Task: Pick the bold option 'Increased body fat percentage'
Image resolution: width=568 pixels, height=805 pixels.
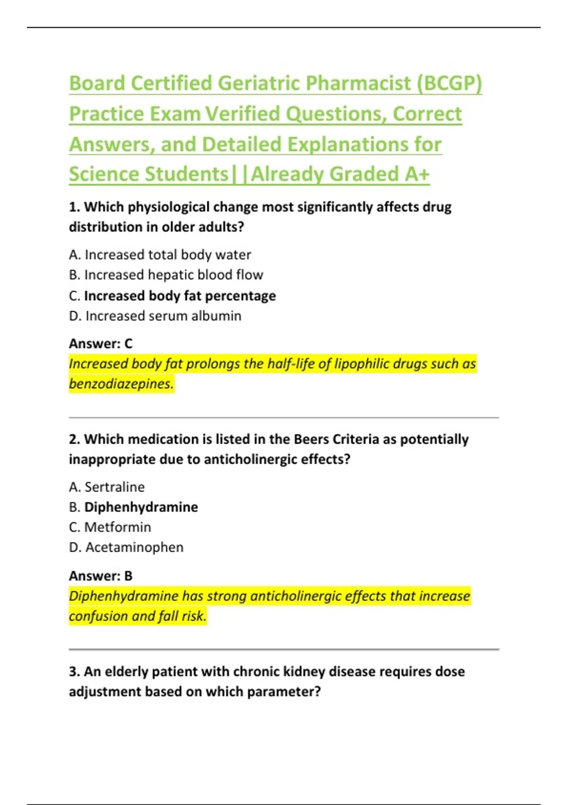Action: click(x=180, y=296)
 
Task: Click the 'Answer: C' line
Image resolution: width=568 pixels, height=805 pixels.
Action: click(x=101, y=343)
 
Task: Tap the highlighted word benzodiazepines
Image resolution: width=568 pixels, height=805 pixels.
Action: click(x=121, y=384)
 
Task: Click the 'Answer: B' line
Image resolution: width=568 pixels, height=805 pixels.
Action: click(x=101, y=576)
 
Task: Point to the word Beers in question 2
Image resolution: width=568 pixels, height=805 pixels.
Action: click(x=311, y=439)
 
